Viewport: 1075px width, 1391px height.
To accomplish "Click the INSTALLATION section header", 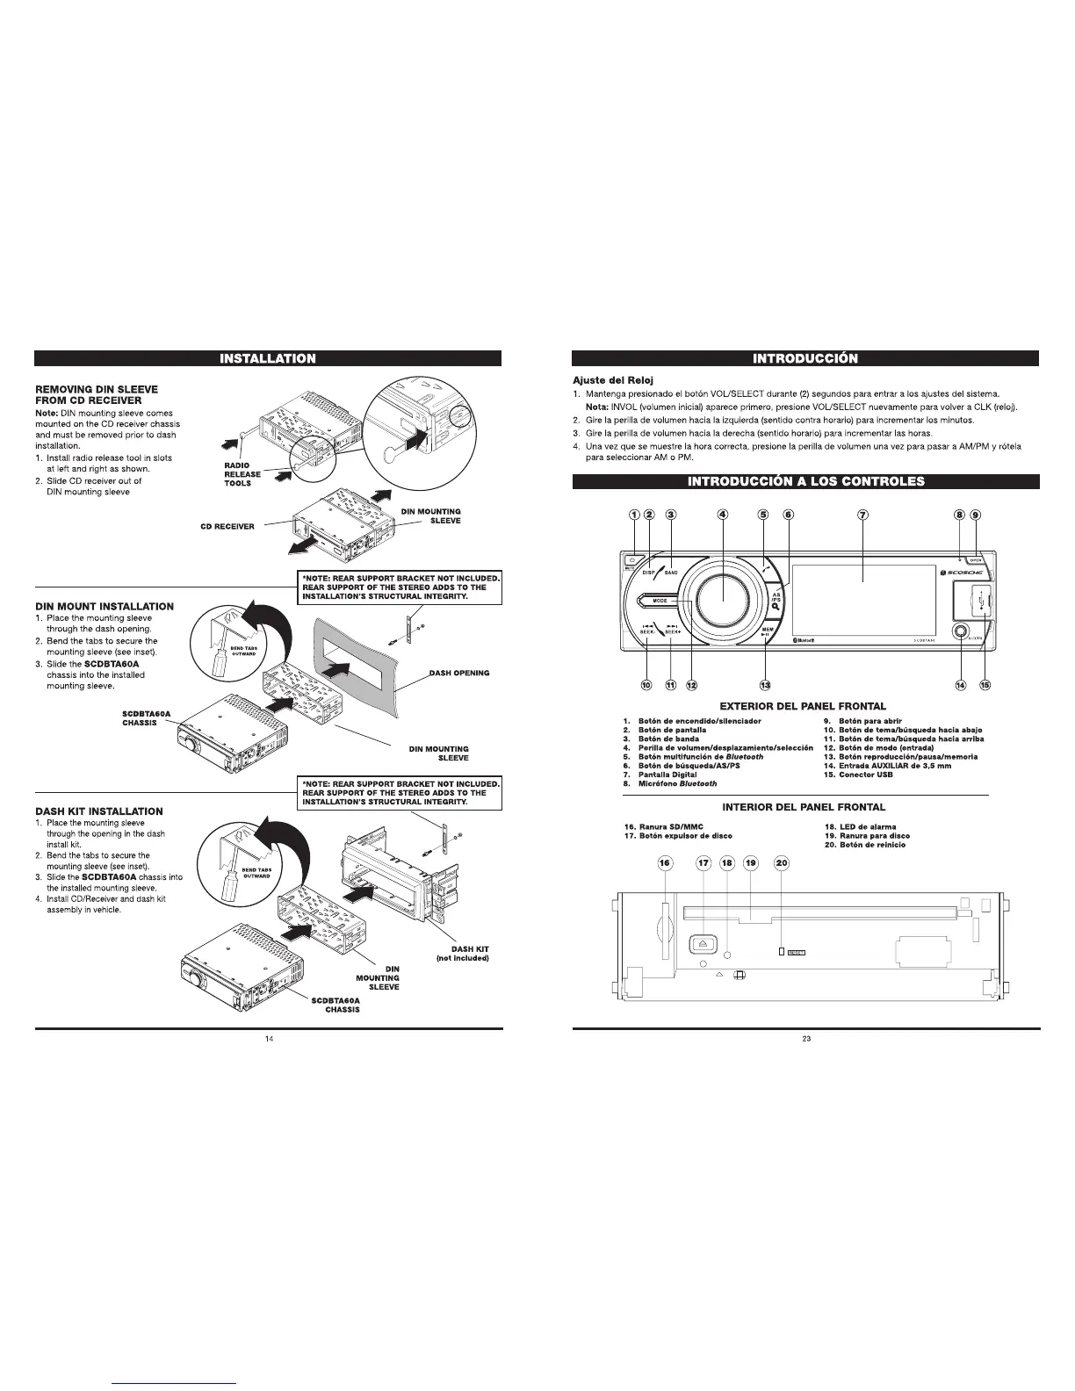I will pos(268,358).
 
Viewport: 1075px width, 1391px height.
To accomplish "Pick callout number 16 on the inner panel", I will pos(665,863).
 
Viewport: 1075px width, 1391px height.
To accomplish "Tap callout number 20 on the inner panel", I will pos(782,863).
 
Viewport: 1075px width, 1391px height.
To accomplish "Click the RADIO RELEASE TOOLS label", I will pos(237,474).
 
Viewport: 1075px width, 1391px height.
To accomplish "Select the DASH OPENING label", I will pos(459,674).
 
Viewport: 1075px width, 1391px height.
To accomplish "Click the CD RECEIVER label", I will pos(227,527).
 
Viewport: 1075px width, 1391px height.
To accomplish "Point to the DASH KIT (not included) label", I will pos(463,953).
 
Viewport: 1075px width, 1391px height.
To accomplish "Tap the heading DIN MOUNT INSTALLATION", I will pos(105,607).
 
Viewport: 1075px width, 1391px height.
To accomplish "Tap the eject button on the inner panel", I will pos(703,944).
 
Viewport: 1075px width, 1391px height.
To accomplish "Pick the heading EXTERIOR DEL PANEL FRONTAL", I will pos(803,706).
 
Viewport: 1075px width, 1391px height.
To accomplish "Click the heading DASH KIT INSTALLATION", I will pos(99,811).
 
